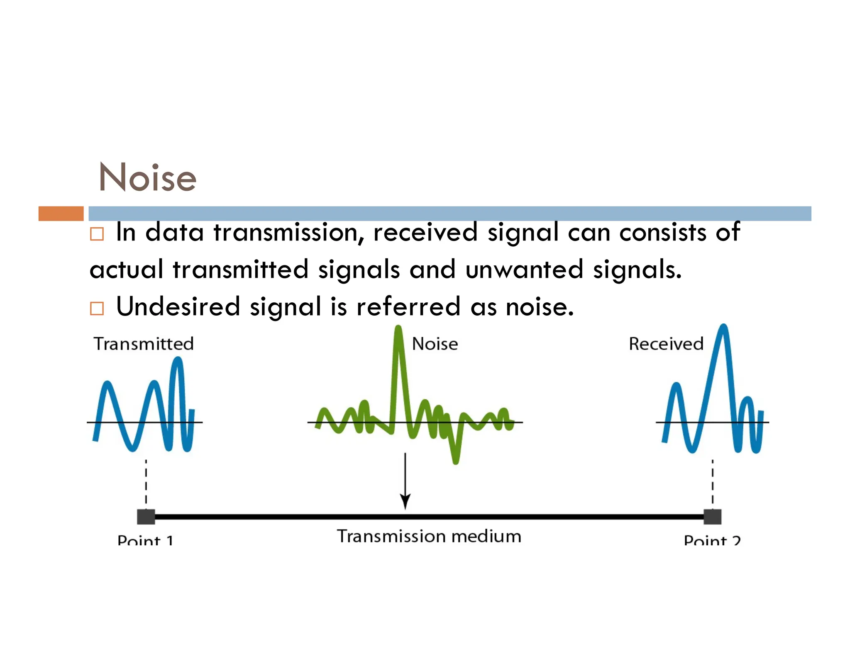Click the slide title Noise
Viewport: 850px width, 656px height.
click(x=147, y=177)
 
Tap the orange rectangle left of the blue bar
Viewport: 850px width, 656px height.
click(x=61, y=214)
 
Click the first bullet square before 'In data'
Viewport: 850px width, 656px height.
click(x=97, y=234)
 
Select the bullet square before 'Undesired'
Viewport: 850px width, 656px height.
click(x=97, y=309)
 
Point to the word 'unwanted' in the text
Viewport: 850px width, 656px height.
click(x=524, y=270)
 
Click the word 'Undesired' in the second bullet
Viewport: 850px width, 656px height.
click(x=178, y=307)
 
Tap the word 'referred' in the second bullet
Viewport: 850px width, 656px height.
click(x=408, y=307)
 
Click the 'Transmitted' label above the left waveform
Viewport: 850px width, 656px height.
click(x=144, y=344)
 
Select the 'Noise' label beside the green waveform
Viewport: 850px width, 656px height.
click(x=435, y=344)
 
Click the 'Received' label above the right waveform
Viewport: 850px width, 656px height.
click(x=666, y=344)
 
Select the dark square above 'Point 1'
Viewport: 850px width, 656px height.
click(x=146, y=517)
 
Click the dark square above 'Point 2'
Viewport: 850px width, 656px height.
click(x=712, y=517)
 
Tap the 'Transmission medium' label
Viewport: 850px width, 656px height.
click(x=429, y=536)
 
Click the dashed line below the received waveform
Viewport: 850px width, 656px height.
click(x=713, y=483)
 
